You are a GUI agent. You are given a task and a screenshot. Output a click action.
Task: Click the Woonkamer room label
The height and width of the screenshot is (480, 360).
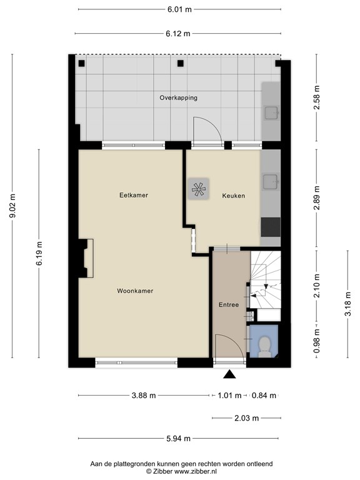(x=135, y=291)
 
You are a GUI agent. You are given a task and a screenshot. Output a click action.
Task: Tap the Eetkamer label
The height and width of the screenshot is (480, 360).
(x=134, y=195)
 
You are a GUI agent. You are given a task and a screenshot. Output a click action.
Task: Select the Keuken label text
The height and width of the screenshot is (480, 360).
(x=234, y=196)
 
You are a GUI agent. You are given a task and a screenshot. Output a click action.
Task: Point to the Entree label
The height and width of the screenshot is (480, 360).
(x=229, y=304)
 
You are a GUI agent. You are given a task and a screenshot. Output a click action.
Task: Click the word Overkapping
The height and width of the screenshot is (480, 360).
(x=179, y=98)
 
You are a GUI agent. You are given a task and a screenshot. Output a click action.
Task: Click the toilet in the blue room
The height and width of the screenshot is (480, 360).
(x=264, y=346)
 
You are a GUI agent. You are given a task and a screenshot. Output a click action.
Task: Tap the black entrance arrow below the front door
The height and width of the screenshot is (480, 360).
(x=229, y=374)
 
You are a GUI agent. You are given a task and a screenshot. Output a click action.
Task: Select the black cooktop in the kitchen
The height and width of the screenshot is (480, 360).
(x=271, y=227)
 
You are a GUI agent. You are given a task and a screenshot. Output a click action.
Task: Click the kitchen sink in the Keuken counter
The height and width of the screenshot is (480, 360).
(x=271, y=182)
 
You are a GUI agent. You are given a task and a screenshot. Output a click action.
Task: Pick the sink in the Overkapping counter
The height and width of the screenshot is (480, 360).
(x=271, y=112)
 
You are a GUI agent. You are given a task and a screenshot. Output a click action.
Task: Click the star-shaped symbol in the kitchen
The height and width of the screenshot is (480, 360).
(x=198, y=189)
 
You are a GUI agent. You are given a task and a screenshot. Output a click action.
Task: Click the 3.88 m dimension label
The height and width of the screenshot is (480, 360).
(x=144, y=396)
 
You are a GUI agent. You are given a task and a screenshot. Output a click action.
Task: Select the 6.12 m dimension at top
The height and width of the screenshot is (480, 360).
(x=178, y=34)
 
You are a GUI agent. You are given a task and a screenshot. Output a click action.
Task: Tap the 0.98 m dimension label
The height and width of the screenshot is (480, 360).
(x=316, y=341)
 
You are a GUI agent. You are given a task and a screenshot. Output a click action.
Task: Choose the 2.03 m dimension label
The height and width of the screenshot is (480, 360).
(x=247, y=418)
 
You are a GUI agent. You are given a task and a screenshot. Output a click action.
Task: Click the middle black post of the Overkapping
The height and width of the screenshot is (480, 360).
(x=180, y=63)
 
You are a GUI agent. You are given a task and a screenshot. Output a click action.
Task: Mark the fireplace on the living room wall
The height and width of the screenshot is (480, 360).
(x=86, y=258)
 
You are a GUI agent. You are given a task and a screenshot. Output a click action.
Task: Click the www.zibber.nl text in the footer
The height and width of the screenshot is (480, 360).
(x=195, y=471)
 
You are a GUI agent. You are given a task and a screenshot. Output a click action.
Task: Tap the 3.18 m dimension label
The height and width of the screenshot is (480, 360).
(x=347, y=304)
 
